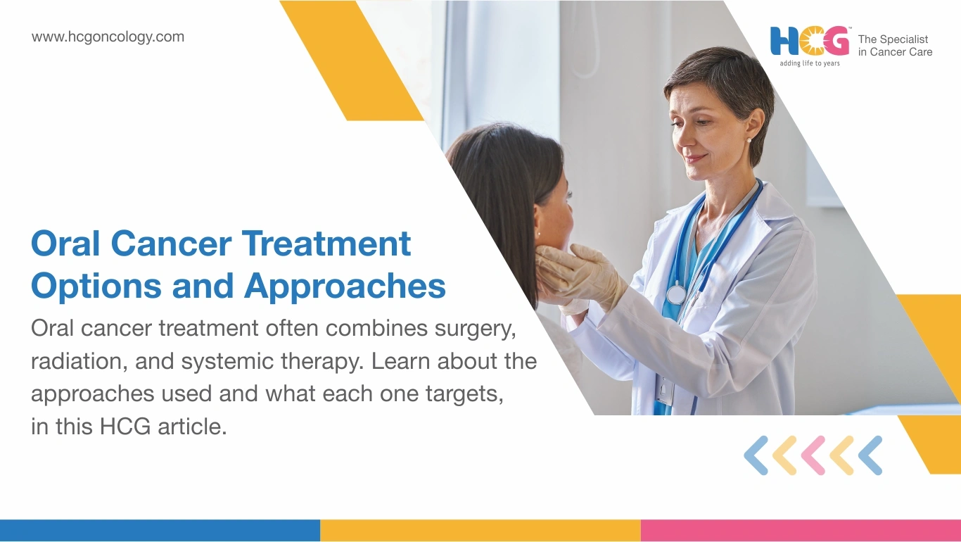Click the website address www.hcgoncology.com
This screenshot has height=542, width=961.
point(108,37)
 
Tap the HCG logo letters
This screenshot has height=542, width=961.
point(810,41)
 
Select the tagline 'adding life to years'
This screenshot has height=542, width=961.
point(810,63)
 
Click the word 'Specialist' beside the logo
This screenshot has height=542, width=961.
point(904,39)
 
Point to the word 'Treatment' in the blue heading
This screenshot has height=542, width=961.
point(326,244)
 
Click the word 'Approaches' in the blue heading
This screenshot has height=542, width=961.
point(345,286)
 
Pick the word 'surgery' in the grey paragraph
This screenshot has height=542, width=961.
point(475,329)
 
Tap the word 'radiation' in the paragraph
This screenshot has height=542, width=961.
point(79,361)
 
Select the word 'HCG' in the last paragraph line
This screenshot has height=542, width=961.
point(125,427)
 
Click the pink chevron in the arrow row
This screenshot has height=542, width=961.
point(813,455)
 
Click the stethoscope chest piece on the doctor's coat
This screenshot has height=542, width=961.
point(676,294)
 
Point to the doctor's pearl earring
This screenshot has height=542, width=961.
point(749,140)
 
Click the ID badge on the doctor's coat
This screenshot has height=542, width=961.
point(664,391)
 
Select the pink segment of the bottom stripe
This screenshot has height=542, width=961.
point(801,531)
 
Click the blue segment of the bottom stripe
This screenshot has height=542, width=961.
point(160,531)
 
